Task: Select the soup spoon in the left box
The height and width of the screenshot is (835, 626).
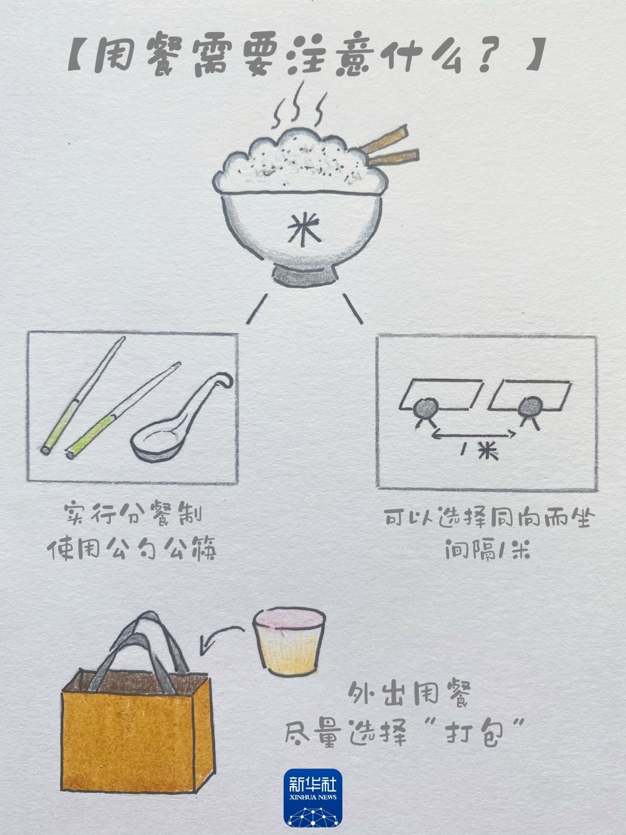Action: (x=178, y=420)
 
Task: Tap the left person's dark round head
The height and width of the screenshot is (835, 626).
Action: (x=426, y=408)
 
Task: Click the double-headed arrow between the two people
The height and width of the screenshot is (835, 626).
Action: (x=474, y=435)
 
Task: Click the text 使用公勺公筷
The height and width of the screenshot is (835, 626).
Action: (x=131, y=550)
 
